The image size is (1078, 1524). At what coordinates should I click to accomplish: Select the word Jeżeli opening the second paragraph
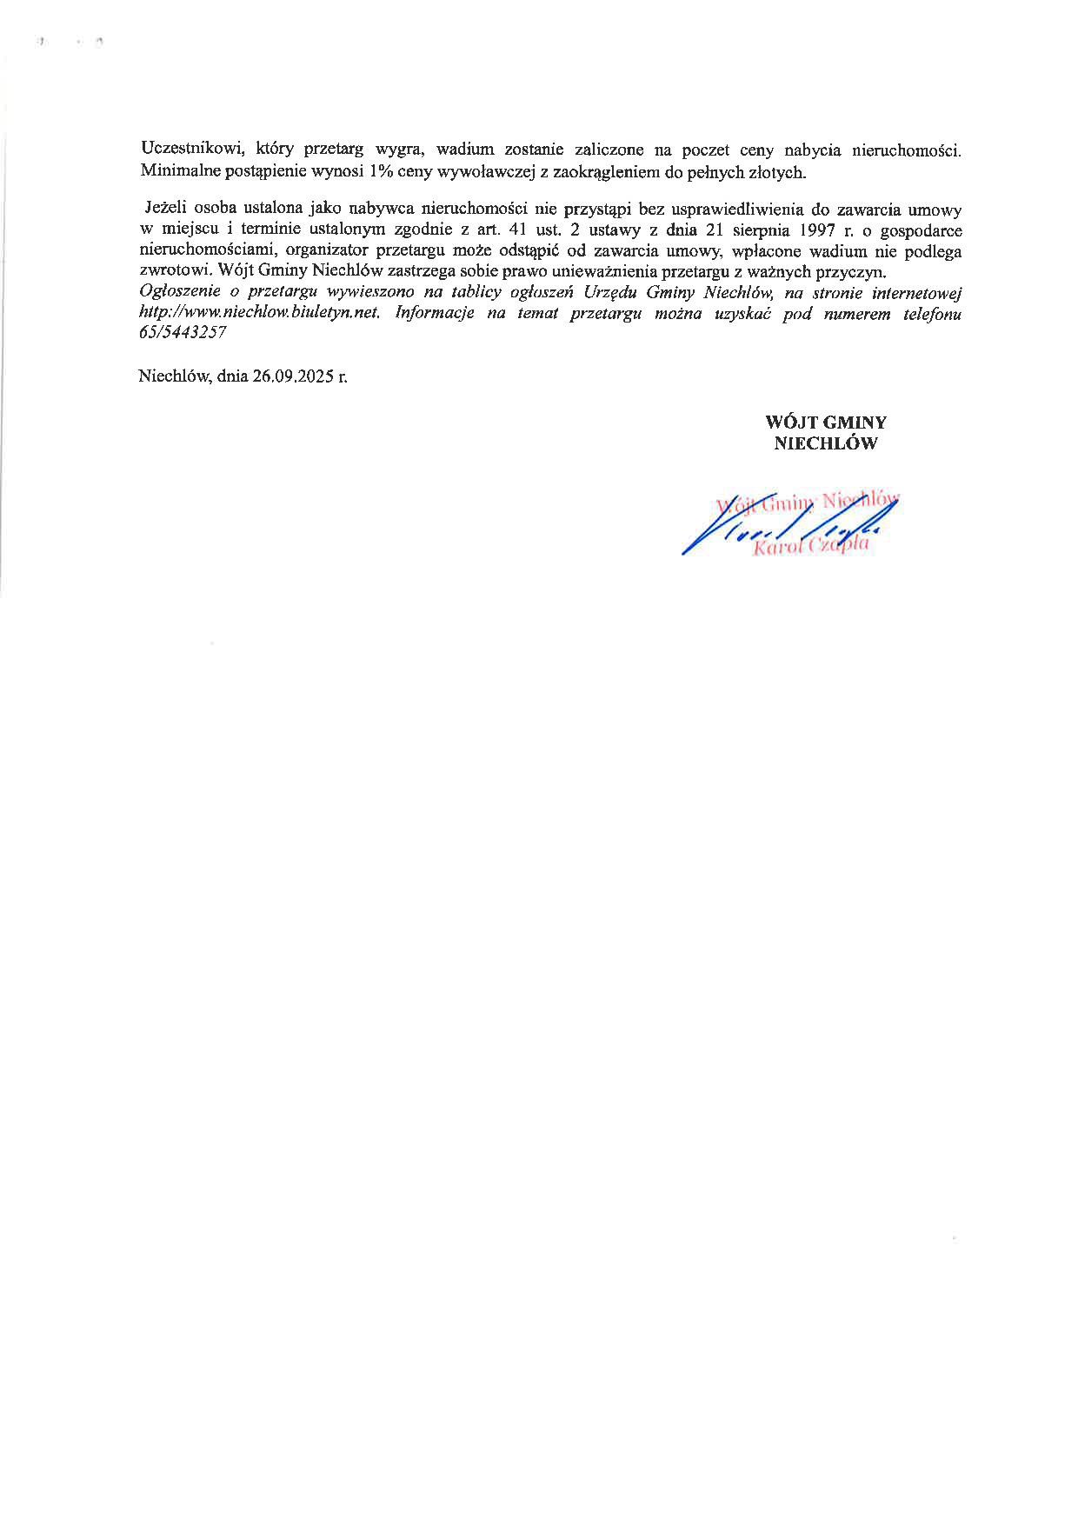tap(166, 210)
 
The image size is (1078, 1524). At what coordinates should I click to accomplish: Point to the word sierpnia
tap(753, 231)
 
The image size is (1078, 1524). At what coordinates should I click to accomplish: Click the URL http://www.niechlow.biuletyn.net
tap(260, 314)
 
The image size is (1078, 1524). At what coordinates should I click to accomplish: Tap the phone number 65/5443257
tap(183, 334)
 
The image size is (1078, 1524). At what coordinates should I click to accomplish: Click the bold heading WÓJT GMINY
tap(825, 423)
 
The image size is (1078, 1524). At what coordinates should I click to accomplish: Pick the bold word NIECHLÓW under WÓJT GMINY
tap(825, 443)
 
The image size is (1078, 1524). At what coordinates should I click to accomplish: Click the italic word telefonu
tap(932, 314)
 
